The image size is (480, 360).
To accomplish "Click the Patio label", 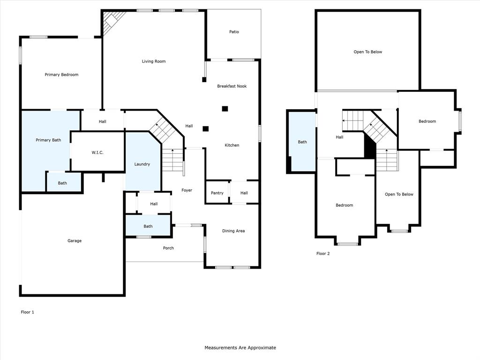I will (234, 32).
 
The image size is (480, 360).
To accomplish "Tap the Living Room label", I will (154, 61).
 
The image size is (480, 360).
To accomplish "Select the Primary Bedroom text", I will (61, 75).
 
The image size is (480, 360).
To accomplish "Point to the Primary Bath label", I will (49, 140).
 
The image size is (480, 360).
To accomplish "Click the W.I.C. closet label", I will (97, 152).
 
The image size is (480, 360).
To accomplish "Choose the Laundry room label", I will (142, 164).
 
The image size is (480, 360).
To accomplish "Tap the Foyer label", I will (187, 190).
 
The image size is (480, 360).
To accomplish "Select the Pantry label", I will (217, 193).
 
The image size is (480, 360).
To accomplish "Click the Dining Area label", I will (233, 231).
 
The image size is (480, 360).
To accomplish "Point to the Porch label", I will (168, 248).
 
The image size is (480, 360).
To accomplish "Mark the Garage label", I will (74, 241).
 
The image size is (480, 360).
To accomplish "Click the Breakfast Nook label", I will (232, 86).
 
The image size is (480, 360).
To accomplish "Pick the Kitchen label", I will (232, 145).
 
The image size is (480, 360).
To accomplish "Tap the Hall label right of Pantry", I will (244, 193).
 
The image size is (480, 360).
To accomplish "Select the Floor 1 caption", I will (28, 312).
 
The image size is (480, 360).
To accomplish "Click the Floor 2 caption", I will (323, 254).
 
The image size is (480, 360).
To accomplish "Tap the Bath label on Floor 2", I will (302, 142).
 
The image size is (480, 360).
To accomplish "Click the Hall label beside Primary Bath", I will (102, 122).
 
